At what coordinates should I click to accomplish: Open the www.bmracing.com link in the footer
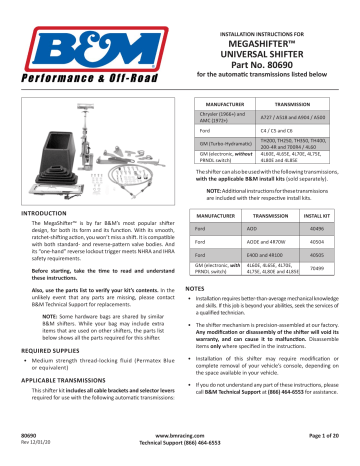click(179, 437)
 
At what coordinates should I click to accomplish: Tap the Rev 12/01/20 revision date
click(35, 445)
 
